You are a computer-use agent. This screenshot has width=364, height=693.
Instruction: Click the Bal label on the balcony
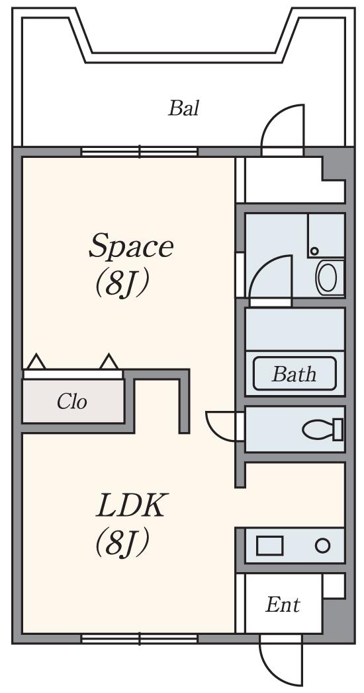[x=183, y=108]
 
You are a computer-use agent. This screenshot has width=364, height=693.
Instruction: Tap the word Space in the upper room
[x=131, y=248]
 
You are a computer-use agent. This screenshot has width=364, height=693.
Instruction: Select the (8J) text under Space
[x=121, y=284]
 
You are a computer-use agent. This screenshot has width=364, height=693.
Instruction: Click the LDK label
[x=132, y=505]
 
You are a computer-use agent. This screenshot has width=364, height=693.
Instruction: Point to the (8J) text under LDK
[x=121, y=542]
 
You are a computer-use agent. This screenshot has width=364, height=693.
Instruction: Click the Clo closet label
[x=71, y=402]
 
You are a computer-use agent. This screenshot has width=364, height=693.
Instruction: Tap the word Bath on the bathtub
[x=294, y=374]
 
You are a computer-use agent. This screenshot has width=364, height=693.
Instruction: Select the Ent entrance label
[x=283, y=604]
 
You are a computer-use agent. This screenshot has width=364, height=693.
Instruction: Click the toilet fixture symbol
[x=323, y=429]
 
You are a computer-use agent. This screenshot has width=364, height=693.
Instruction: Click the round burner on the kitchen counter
[x=323, y=546]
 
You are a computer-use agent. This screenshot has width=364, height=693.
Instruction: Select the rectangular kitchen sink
[x=269, y=546]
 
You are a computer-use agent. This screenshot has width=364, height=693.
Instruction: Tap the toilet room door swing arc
[x=212, y=430]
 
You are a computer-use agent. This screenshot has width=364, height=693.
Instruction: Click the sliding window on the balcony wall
[x=140, y=151]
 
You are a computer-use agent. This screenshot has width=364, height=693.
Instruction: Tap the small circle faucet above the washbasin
[x=314, y=251]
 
